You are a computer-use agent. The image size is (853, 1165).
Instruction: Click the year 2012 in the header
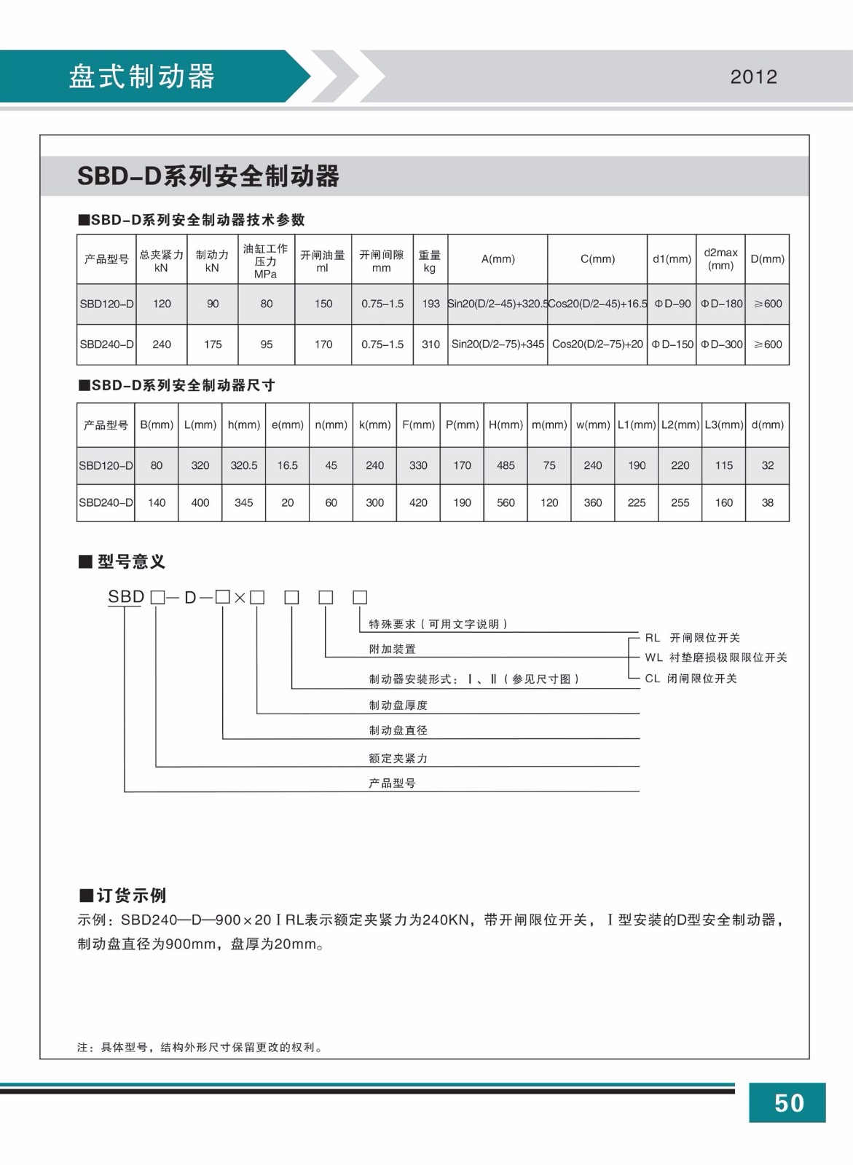click(753, 77)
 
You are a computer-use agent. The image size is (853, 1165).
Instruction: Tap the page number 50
click(788, 1103)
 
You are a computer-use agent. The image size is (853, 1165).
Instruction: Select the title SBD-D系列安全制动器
click(208, 176)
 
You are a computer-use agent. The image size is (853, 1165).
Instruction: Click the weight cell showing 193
click(431, 304)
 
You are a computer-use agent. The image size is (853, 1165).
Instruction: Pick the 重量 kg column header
click(430, 261)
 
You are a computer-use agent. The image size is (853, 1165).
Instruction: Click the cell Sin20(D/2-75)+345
click(498, 344)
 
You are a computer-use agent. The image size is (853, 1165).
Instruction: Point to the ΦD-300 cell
click(721, 344)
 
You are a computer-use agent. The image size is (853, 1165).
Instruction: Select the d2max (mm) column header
click(720, 259)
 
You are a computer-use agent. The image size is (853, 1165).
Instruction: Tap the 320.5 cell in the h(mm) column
click(244, 465)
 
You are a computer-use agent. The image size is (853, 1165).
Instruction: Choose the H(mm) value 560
click(506, 502)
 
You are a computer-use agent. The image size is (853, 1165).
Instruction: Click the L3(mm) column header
click(723, 424)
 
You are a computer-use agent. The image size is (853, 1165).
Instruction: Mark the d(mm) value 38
click(767, 502)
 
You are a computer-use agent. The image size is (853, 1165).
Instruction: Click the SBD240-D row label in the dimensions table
click(106, 502)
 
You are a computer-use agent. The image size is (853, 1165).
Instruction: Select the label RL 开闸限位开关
click(692, 638)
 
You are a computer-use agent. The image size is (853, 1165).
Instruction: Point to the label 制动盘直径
click(398, 730)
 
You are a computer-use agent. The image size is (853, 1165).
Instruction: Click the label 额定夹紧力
click(398, 758)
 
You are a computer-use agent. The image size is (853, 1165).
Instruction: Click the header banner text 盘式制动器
click(141, 76)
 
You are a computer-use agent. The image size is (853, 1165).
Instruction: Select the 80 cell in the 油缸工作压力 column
click(267, 304)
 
